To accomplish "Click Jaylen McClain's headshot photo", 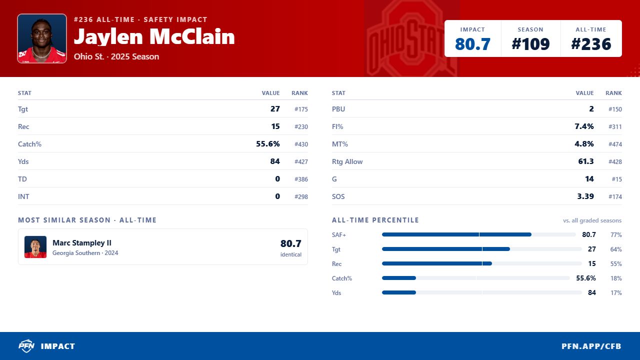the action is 42,38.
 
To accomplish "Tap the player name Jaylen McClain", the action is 154,37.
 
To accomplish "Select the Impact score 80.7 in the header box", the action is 472,44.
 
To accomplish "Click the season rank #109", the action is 530,44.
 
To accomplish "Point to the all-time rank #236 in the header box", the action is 591,44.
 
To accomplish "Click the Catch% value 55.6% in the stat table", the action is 267,143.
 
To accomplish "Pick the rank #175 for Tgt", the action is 301,109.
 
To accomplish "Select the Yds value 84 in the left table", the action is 275,161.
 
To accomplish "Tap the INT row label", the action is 23,196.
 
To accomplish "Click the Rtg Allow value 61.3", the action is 585,161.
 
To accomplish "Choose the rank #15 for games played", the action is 616,179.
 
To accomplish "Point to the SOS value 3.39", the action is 585,196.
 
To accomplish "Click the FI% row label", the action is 337,126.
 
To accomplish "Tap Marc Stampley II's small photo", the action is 35,247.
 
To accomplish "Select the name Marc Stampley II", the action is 82,243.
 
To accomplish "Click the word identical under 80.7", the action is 291,254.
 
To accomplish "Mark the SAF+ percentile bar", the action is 456,234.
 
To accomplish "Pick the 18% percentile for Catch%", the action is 616,278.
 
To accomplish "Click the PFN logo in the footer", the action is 26,346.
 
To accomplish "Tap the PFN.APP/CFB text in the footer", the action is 591,346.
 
